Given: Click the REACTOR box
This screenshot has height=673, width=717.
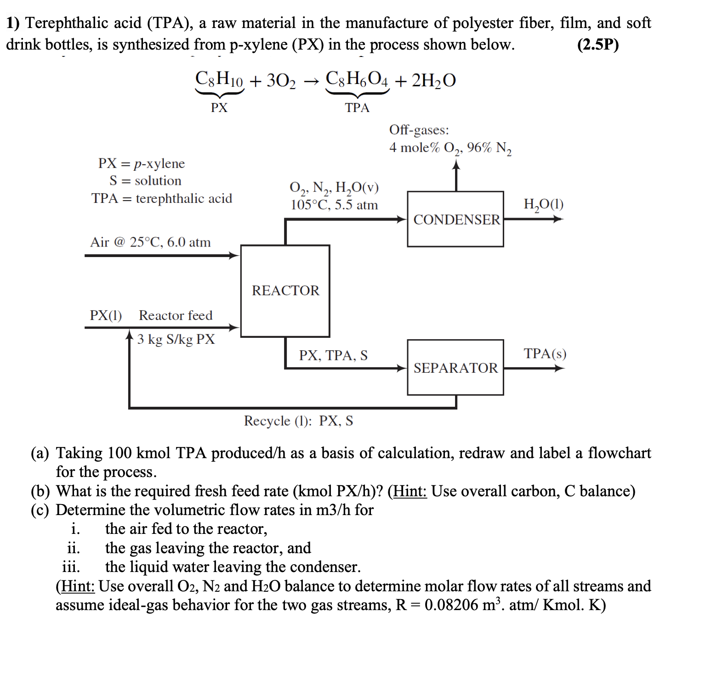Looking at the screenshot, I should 285,291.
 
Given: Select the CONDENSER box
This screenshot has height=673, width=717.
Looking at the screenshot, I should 455,219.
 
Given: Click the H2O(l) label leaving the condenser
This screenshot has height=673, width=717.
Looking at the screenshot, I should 543,204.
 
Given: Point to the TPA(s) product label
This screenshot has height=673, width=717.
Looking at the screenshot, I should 545,353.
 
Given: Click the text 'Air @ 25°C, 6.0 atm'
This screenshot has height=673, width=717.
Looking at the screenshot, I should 150,242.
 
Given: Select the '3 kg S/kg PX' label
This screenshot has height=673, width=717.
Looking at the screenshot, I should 176,339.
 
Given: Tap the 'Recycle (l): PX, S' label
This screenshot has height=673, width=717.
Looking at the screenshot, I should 298,421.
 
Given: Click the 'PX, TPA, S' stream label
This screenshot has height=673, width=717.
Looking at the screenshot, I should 333,355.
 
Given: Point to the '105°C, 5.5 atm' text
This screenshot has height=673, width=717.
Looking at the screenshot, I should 334,205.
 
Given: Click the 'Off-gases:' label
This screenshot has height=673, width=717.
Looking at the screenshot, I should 419,130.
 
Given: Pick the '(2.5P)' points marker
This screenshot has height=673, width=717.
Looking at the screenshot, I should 598,45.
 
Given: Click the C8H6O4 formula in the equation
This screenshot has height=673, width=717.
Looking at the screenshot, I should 357,79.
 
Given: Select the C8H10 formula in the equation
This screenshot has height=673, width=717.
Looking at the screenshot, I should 219,79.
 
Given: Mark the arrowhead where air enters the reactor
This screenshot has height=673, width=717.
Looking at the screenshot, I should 235,255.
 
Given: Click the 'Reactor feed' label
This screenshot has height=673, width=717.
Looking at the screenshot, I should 176,315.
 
